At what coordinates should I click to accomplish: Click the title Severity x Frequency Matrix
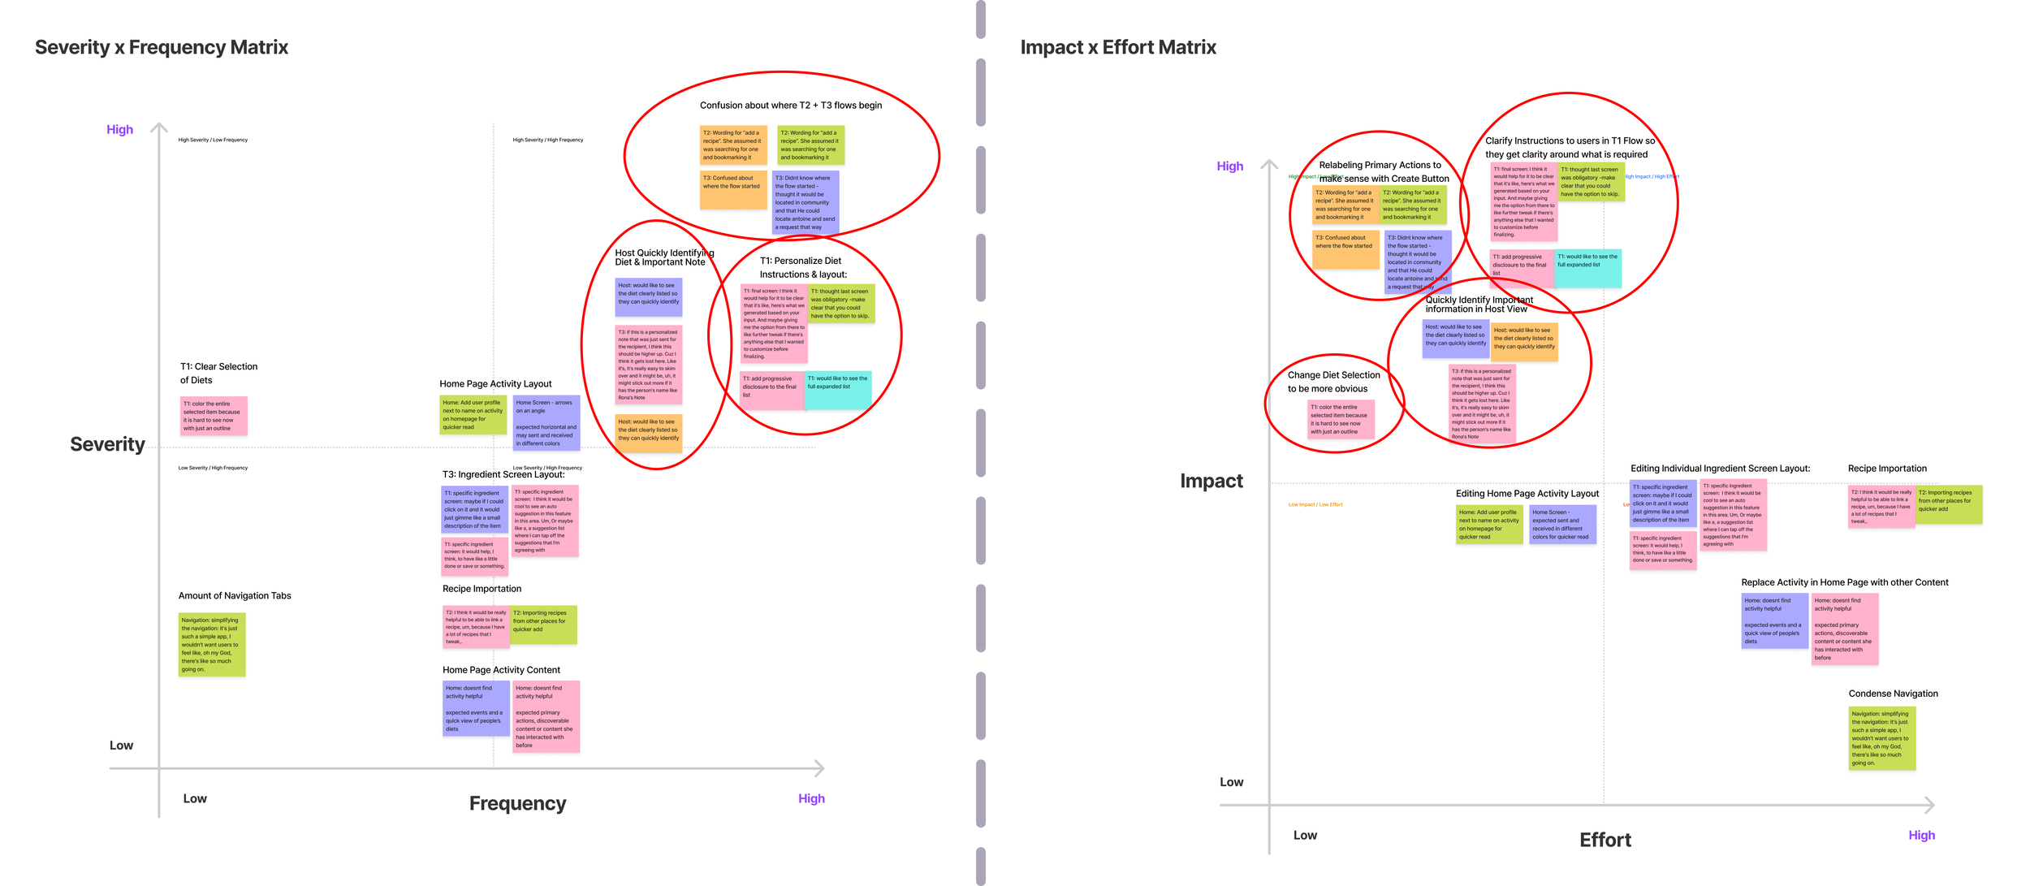coord(161,47)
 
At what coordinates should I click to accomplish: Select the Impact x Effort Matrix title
coord(1118,47)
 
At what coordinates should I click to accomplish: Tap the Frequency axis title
coord(517,803)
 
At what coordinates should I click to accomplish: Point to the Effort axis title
coord(1605,840)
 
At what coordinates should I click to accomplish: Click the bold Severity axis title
coord(107,444)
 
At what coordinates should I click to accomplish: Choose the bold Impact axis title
coord(1211,481)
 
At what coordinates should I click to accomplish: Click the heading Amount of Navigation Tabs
coord(235,595)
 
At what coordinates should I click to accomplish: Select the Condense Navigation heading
coord(1893,694)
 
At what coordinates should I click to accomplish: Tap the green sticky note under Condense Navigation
coord(1881,738)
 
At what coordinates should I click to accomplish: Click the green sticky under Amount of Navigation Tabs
coord(211,645)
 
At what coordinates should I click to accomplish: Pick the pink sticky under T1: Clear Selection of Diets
coord(213,416)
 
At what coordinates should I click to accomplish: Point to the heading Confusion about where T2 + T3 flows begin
coord(790,105)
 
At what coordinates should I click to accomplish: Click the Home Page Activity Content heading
coord(501,670)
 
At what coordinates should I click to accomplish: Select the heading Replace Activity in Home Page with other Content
coord(1844,582)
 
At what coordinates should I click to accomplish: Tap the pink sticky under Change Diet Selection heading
coord(1340,419)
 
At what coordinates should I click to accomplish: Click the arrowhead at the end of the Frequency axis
coord(820,767)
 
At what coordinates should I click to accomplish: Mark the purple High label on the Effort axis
coord(1921,835)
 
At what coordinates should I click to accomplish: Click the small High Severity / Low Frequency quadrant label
coord(213,140)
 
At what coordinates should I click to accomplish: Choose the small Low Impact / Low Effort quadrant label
coord(1315,504)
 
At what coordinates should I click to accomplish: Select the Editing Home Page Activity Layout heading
coord(1527,493)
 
